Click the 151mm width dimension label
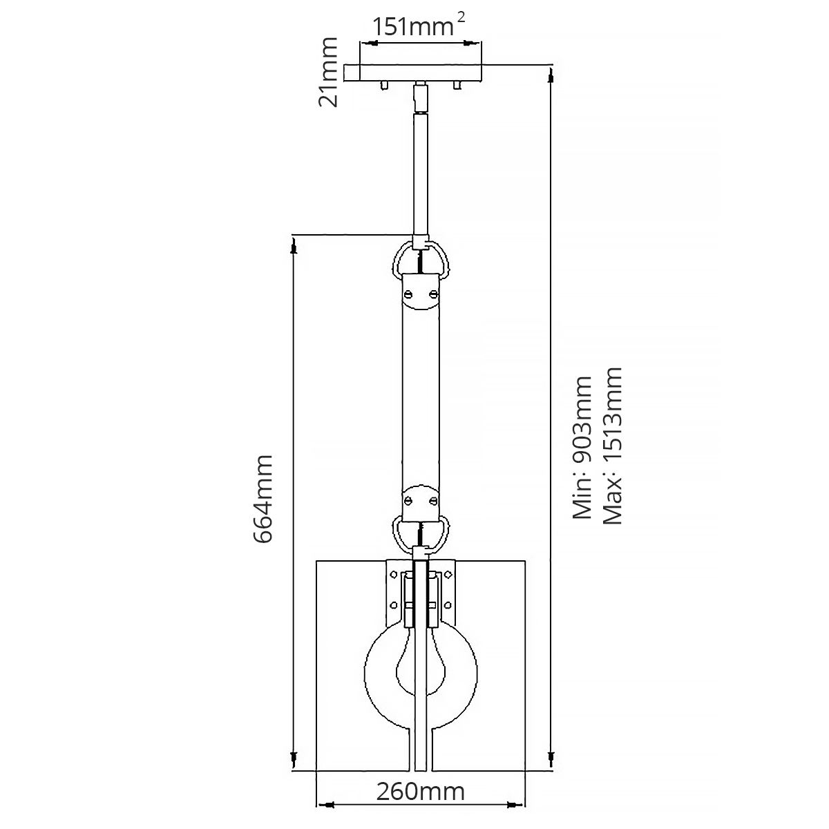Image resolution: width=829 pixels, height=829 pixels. click(410, 27)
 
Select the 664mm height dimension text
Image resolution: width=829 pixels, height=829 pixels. click(265, 499)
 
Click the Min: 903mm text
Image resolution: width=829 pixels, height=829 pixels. click(582, 448)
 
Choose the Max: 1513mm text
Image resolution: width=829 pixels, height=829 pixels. click(612, 446)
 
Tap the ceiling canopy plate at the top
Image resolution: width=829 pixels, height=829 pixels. click(421, 73)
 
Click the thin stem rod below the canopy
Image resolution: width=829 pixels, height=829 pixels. click(421, 173)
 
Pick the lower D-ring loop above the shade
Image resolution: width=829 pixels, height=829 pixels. click(421, 531)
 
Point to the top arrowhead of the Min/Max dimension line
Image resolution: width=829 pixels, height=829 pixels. click(551, 76)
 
